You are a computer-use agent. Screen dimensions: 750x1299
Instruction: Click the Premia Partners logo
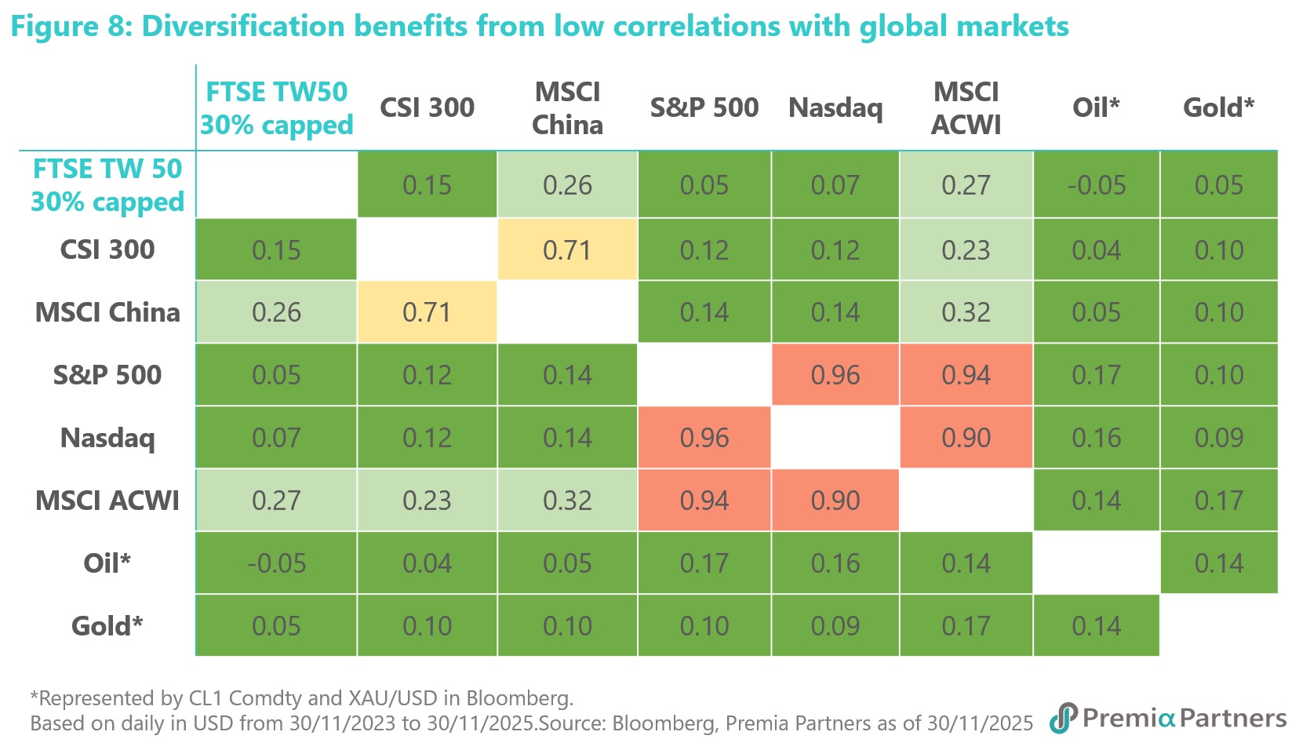point(1168,718)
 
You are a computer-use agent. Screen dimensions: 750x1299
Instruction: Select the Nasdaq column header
point(835,108)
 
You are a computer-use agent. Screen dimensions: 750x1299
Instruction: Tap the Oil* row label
point(107,563)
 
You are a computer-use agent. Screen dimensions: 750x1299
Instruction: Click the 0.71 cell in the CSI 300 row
point(567,250)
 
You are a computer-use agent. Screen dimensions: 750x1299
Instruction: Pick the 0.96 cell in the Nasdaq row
point(704,438)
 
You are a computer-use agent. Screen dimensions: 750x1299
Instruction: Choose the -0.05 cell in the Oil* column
point(1097,185)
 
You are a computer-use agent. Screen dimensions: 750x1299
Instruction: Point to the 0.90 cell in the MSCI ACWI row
point(835,501)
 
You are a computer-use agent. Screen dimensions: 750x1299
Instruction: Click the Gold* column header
point(1218,107)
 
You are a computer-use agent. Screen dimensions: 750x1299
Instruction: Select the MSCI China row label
point(107,312)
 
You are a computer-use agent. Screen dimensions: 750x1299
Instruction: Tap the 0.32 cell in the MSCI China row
point(966,312)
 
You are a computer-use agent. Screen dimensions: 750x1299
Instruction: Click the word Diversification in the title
point(243,27)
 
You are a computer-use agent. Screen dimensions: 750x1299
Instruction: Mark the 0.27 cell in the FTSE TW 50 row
point(966,185)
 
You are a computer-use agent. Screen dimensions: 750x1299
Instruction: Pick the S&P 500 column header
point(704,107)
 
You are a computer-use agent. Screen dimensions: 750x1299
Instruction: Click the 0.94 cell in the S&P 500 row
point(966,375)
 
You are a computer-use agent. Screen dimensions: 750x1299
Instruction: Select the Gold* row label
point(107,626)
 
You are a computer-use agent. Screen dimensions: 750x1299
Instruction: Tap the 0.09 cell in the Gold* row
point(835,626)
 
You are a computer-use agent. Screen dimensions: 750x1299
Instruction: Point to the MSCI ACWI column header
point(966,108)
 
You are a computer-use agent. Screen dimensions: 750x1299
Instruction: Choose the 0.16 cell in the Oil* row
point(835,563)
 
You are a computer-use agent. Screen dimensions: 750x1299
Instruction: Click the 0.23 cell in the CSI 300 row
point(966,250)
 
